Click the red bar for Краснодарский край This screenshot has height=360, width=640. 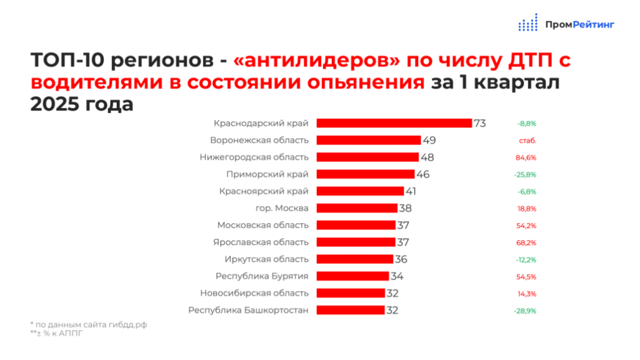tap(394, 123)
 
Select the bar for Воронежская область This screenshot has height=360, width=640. tap(369, 141)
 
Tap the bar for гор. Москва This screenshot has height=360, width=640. tap(357, 208)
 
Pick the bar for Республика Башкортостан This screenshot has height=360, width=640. tap(351, 310)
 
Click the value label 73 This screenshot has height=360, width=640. tap(480, 123)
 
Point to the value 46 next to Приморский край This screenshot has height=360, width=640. tap(423, 174)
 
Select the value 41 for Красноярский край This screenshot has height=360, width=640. tap(411, 191)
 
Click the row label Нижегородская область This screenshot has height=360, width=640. tap(254, 157)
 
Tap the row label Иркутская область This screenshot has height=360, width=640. tap(266, 259)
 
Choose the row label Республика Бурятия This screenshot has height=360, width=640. tap(262, 276)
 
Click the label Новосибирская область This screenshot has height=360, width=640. tap(254, 293)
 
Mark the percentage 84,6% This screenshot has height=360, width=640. tap(526, 157)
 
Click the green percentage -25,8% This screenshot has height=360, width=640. tap(525, 175)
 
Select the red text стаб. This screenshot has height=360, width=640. tap(527, 141)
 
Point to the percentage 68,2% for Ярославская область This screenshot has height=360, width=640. tap(526, 243)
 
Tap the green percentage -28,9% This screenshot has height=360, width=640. tap(525, 311)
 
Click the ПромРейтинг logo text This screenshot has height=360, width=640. tap(579, 25)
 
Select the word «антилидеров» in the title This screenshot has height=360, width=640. tap(317, 60)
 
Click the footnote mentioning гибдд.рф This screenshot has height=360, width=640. tap(89, 324)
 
